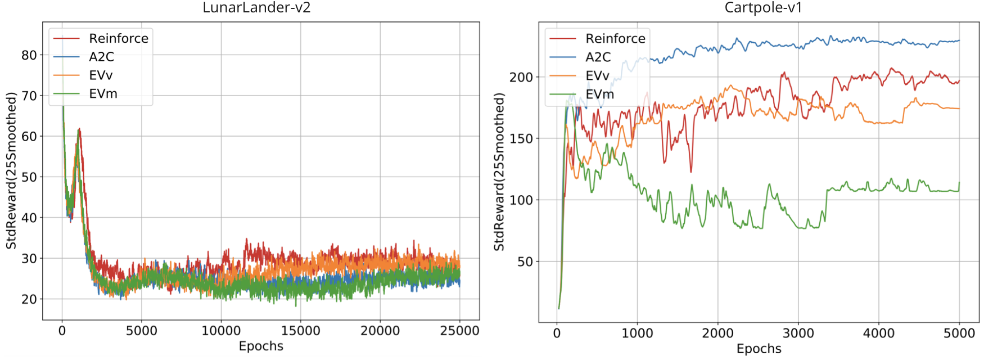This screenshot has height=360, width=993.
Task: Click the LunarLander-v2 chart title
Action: coord(256,8)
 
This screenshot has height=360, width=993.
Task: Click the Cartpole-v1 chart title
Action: coord(763,8)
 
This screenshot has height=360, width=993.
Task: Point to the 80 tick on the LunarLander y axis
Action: coord(29,55)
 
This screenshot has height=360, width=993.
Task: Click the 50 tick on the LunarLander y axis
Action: coord(29,177)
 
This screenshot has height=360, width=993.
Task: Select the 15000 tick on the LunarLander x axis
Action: coord(300,331)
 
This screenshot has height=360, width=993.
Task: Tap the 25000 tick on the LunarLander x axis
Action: coord(459,331)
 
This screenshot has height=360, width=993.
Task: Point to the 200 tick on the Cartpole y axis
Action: coord(521,78)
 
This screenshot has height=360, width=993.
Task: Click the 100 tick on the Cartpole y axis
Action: coord(521,200)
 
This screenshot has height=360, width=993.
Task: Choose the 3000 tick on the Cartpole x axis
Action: coord(798,333)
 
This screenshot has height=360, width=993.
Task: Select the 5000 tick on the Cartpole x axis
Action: coord(959,333)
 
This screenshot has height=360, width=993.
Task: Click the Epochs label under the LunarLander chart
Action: coord(261,346)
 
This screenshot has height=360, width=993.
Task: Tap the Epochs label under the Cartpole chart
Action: coord(759,349)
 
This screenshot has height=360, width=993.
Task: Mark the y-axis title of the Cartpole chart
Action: coord(499,172)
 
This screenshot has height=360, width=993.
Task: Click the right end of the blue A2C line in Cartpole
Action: coord(959,40)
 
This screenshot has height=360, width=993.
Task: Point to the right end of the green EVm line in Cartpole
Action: coord(959,183)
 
